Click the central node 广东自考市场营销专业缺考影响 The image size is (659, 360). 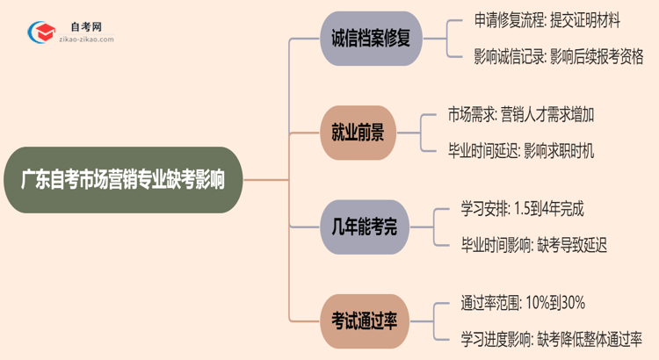121,180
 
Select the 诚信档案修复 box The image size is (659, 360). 372,40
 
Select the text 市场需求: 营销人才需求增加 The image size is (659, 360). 521,114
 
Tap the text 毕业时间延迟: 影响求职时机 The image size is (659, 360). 521,151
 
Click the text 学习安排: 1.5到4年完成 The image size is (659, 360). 522,209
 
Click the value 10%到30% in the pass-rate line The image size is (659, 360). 556,302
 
